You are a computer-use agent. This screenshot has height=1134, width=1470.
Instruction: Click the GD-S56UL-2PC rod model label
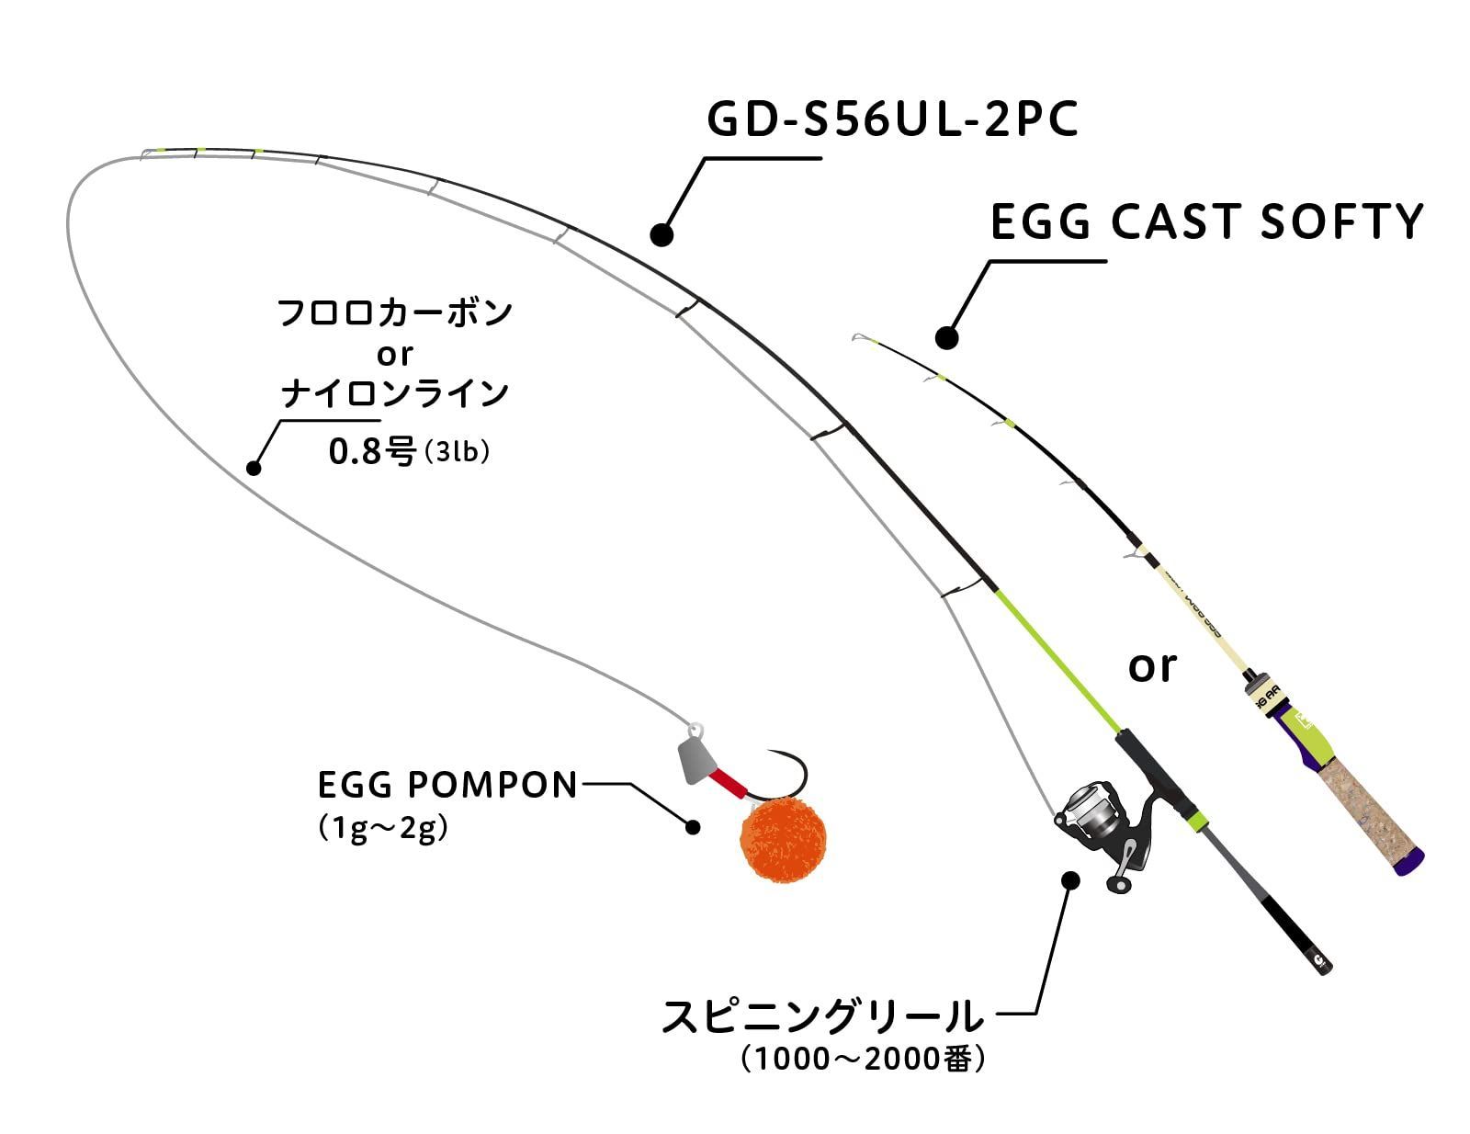(891, 119)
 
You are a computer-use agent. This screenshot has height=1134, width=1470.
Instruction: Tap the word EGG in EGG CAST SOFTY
(1040, 221)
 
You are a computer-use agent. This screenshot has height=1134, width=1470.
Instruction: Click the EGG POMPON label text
(447, 786)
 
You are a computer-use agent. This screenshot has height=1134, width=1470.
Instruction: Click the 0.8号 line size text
(371, 451)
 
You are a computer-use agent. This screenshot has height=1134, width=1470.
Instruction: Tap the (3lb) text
(456, 452)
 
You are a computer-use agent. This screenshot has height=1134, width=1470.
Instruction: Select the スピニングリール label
(822, 1016)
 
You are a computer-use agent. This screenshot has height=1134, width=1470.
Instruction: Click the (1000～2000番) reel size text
(863, 1059)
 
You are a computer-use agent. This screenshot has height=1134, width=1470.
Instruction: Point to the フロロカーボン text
(394, 313)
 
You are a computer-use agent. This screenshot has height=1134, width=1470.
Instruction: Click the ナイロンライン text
(395, 393)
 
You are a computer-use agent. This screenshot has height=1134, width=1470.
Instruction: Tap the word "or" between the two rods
(1152, 667)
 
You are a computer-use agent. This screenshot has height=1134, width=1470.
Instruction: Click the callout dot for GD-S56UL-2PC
(661, 234)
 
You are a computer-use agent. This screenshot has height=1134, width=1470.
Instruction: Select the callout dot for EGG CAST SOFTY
(946, 337)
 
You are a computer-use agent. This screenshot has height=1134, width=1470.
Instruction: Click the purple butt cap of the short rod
(1409, 862)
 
